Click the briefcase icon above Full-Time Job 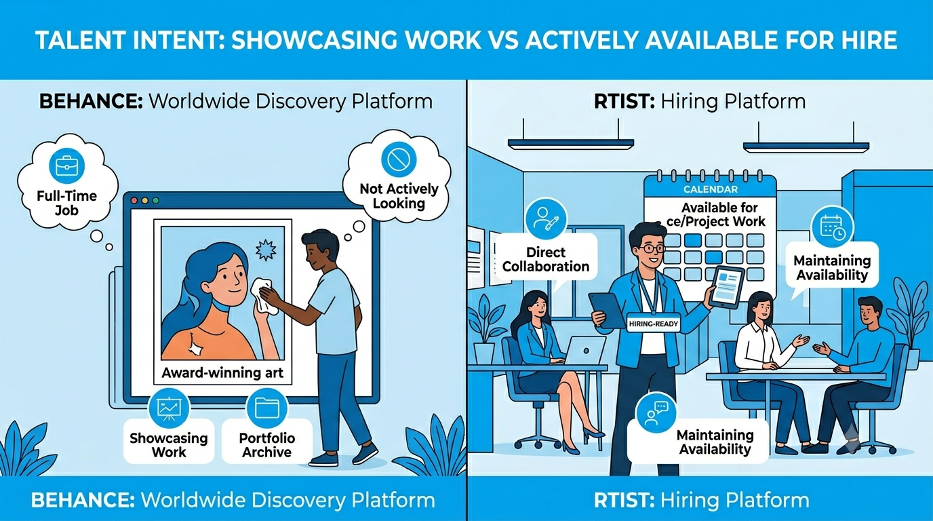[x=66, y=166]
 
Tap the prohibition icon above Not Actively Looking [x=399, y=159]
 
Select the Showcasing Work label [x=169, y=445]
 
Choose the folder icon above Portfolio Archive [x=267, y=408]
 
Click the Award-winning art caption [x=222, y=372]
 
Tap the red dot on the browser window [x=134, y=201]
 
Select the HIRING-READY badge [x=654, y=324]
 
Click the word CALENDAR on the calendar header [x=711, y=189]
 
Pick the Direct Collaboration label [x=546, y=259]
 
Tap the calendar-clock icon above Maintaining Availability [x=832, y=227]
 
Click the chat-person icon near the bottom [x=656, y=412]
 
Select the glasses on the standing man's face [x=652, y=248]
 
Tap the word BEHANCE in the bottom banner [x=83, y=500]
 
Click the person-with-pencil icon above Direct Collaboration [x=546, y=219]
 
